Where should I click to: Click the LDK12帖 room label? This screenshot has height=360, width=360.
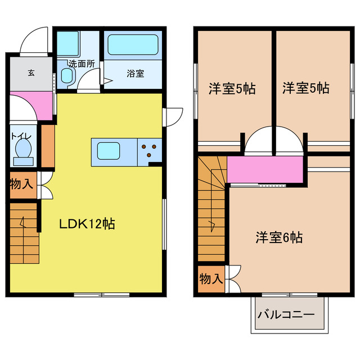(x=87, y=224)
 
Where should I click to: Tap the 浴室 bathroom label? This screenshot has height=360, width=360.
(x=134, y=73)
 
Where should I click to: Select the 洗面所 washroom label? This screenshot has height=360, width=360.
(x=80, y=64)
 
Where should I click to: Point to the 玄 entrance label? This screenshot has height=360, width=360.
(x=31, y=72)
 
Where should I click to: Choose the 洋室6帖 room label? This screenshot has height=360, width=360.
(x=279, y=237)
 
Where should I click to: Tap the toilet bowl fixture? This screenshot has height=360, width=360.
(x=24, y=150)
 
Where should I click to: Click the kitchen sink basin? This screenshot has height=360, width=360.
(x=109, y=151)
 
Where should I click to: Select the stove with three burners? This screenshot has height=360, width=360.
(x=150, y=151)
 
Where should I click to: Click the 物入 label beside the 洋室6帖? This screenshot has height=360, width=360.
(x=211, y=279)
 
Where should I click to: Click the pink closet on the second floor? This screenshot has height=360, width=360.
(x=264, y=169)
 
